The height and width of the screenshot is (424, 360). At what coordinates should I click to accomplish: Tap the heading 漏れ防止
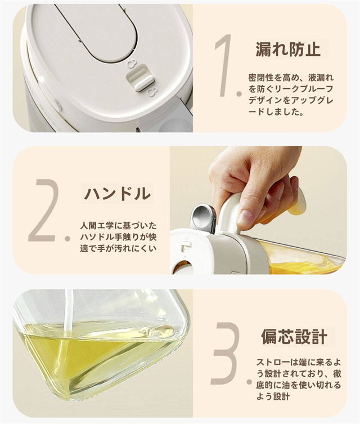(x=288, y=49)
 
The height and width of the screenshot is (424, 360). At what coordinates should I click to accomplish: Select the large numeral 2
(x=44, y=210)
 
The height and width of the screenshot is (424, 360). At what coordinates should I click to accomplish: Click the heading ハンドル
(x=117, y=194)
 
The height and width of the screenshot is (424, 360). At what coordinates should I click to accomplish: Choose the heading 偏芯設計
(x=294, y=337)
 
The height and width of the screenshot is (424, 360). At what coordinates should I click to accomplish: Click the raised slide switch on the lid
(x=140, y=78)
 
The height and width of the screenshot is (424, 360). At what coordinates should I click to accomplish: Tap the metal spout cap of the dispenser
(x=203, y=218)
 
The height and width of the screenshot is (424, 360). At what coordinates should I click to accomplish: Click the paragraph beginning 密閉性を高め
(x=291, y=95)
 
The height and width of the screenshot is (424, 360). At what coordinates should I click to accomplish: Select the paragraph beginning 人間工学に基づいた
(x=118, y=237)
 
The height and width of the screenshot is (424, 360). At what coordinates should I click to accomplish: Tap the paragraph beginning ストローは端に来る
(x=299, y=379)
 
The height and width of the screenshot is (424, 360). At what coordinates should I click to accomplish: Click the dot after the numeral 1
(x=238, y=94)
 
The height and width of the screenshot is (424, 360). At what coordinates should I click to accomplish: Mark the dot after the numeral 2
(x=67, y=239)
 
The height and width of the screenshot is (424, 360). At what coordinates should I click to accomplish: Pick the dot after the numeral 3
(x=249, y=382)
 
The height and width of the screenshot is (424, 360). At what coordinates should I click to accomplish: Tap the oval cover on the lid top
(x=99, y=30)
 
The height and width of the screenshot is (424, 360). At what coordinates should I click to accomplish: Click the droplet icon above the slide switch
(x=132, y=64)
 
